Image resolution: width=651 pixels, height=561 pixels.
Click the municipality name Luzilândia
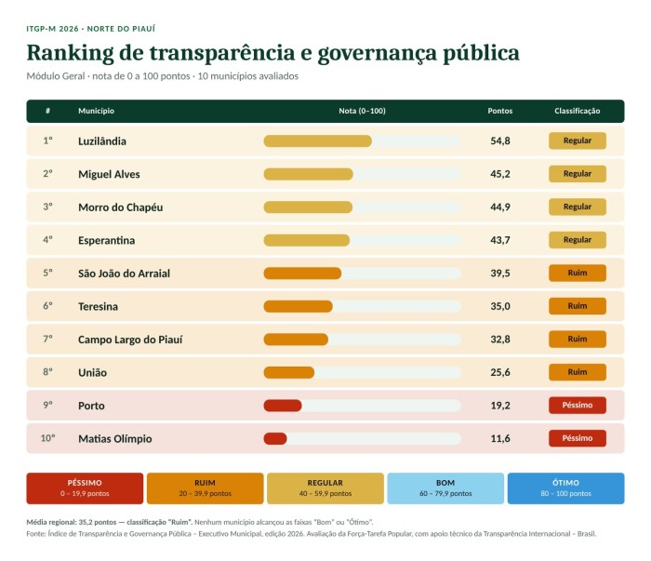click(102, 141)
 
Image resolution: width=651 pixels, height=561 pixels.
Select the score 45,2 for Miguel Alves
click(500, 174)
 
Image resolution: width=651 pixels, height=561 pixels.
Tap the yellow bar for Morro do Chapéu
click(308, 207)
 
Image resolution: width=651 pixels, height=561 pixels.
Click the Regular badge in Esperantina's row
click(578, 240)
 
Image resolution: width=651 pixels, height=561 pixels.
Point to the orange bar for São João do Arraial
click(302, 274)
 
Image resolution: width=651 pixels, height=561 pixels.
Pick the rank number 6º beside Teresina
click(47, 306)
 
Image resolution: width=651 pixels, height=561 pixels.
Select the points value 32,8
click(500, 340)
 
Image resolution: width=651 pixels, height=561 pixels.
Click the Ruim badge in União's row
click(578, 372)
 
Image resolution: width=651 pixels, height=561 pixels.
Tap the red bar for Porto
click(283, 406)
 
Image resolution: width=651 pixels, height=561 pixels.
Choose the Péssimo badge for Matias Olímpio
click(578, 438)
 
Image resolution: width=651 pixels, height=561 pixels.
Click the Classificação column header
click(578, 111)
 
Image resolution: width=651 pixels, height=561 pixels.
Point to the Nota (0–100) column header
click(362, 111)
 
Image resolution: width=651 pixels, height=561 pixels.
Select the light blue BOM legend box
click(445, 488)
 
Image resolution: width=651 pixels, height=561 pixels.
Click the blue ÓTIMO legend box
click(565, 488)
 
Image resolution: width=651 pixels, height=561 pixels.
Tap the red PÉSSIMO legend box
click(85, 488)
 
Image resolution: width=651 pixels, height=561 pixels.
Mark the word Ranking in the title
click(70, 53)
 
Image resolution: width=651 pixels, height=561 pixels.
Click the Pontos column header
click(500, 111)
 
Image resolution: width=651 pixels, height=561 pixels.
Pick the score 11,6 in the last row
click(500, 438)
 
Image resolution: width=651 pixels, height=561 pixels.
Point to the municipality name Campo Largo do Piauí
click(130, 340)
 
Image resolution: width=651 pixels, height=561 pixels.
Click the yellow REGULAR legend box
click(325, 488)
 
